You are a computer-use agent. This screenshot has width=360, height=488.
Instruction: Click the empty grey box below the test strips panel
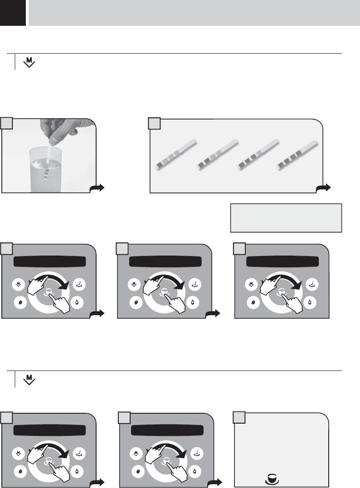(286, 217)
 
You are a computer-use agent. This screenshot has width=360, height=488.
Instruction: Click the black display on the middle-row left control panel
(50, 262)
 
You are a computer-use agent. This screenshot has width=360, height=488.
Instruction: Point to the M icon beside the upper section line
(29, 62)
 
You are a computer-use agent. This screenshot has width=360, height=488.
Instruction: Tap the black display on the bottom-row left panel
(50, 430)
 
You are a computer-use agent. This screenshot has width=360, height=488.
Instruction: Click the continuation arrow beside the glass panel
(97, 188)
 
